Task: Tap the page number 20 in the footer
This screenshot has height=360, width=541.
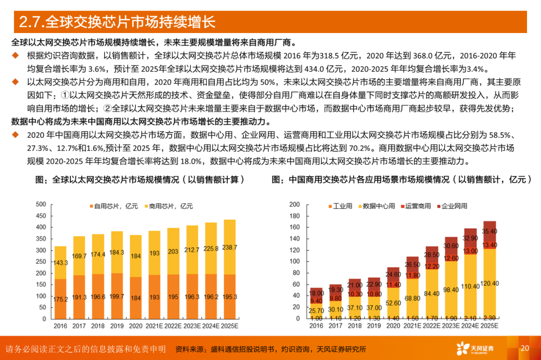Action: (525, 348)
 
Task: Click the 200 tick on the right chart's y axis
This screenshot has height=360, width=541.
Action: (295, 204)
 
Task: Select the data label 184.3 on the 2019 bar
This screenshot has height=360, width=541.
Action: (117, 253)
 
